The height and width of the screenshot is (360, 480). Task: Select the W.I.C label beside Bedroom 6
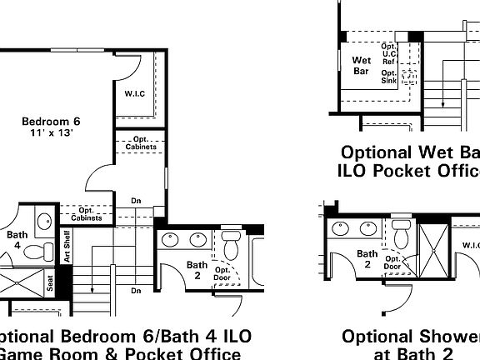(x=135, y=93)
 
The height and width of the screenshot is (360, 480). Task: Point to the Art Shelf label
(x=67, y=243)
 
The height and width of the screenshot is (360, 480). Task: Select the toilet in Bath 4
(x=35, y=250)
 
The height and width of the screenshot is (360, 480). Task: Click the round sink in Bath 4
(x=44, y=223)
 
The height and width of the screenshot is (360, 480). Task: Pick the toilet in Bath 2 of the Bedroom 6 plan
(x=231, y=243)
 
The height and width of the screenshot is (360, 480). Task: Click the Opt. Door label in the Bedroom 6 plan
(x=222, y=274)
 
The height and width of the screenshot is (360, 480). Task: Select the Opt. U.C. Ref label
(x=389, y=53)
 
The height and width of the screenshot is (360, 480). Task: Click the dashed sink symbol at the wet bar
(x=410, y=77)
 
